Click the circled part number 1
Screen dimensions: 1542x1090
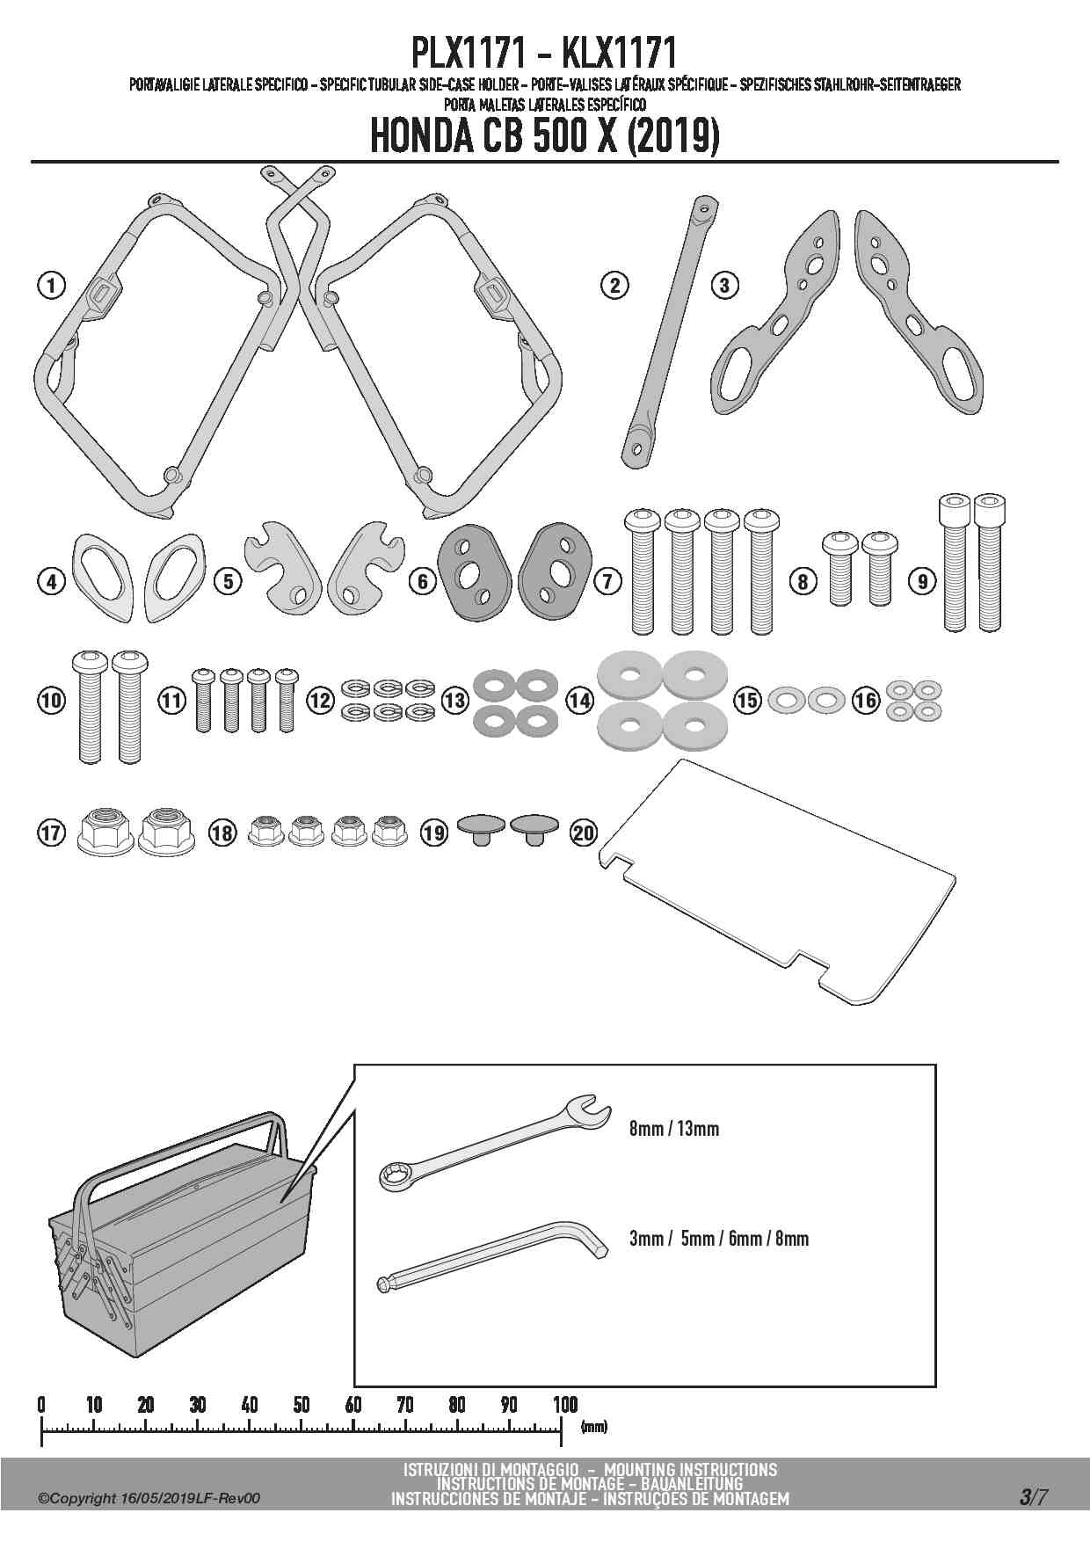tap(52, 285)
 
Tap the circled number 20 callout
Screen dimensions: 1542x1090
tap(584, 832)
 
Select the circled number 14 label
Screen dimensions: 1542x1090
tap(579, 700)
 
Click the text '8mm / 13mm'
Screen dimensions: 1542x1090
tap(674, 1128)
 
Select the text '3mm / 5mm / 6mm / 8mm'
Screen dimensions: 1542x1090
tap(718, 1238)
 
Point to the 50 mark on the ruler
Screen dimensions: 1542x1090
tap(302, 1404)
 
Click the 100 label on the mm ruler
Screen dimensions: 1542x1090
tap(564, 1404)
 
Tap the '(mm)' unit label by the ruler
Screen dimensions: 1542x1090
tap(594, 1426)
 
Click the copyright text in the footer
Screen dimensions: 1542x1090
tap(149, 1498)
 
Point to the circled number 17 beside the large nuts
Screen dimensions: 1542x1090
tap(52, 832)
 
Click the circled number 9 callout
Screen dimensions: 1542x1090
tap(922, 580)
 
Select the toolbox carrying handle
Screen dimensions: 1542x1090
tap(176, 1147)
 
